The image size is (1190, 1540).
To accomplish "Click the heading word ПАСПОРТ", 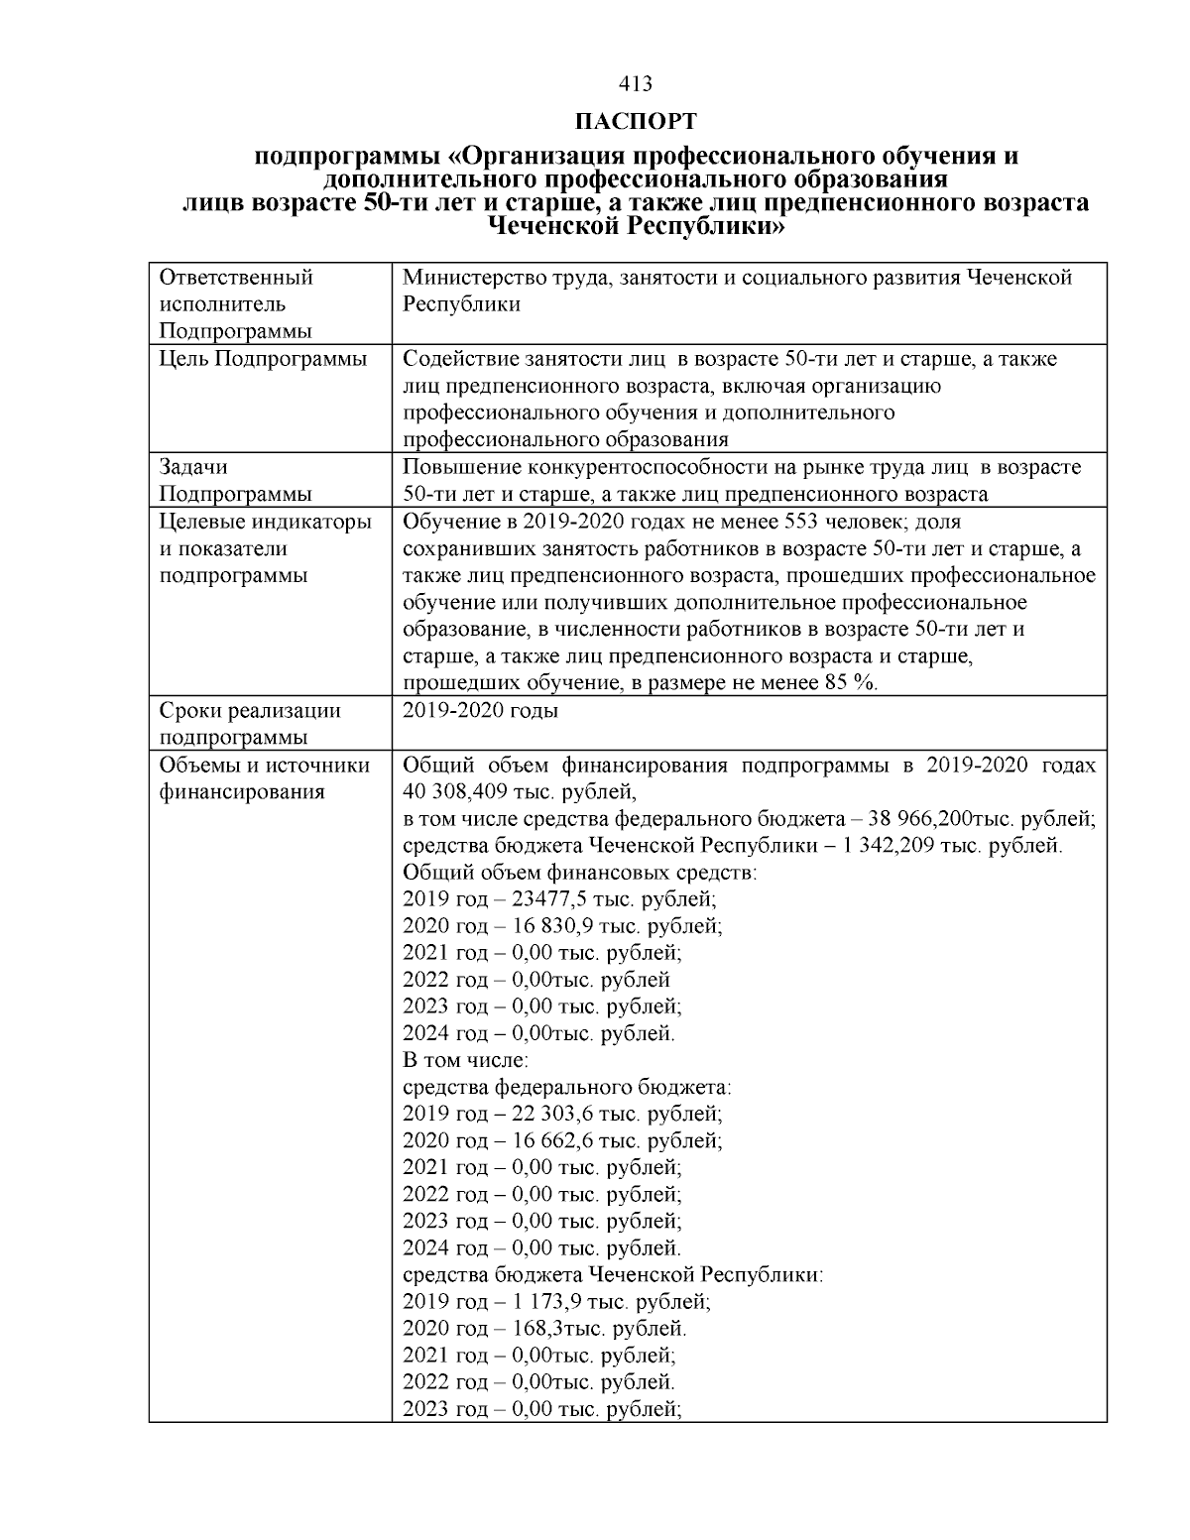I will pos(635,122).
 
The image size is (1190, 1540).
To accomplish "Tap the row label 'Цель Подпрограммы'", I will pos(262,358).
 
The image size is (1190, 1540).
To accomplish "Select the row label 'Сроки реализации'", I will pos(250,710).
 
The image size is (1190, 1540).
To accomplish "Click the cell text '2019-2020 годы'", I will pos(481,710).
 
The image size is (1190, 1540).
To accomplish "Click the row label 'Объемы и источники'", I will pos(264,766).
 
